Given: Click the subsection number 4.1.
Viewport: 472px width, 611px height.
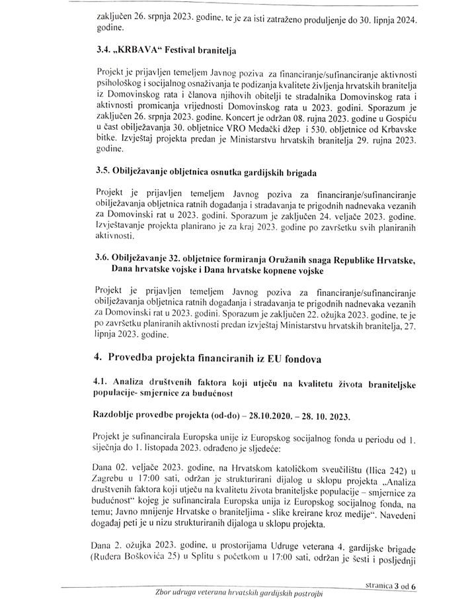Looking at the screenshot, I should point(104,383).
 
